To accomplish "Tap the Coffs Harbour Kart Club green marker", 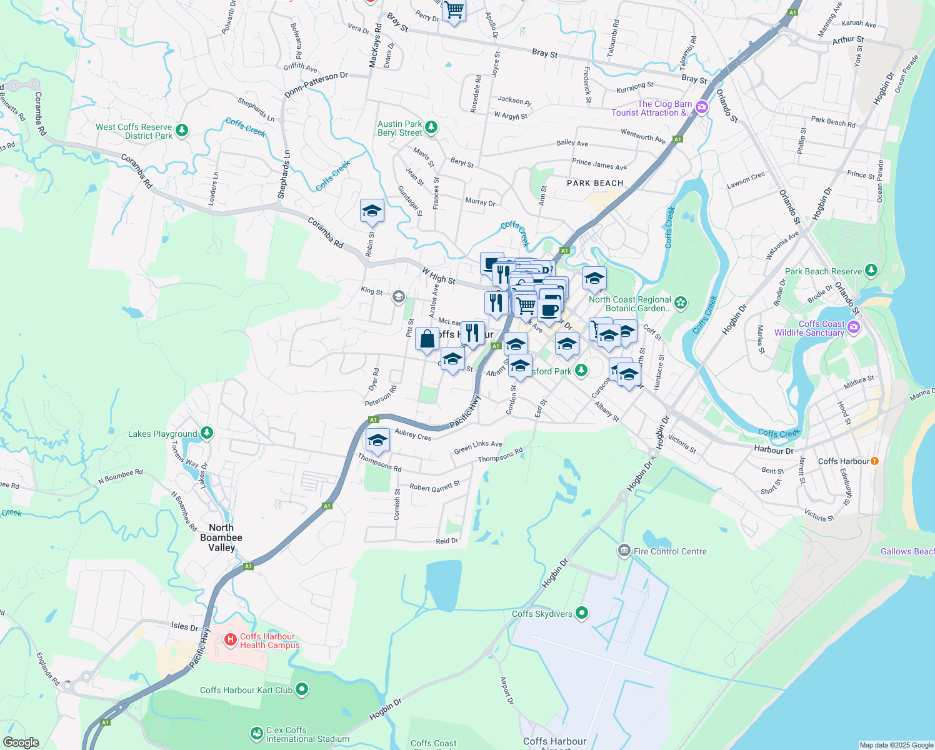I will click(302, 689).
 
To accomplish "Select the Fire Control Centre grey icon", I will click(624, 551).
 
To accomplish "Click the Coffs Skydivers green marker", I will click(582, 613).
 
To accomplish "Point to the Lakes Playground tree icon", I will click(207, 432).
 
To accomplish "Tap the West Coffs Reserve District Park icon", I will click(182, 130).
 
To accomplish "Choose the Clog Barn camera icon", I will click(702, 107).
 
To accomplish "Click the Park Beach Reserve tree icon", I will click(871, 271).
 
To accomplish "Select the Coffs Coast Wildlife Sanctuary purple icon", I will click(854, 327).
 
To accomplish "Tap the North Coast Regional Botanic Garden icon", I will click(681, 303).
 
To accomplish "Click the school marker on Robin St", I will click(372, 211).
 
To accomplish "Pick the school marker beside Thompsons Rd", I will click(377, 441).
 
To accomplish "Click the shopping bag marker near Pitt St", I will click(427, 339).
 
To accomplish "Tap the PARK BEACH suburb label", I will click(595, 183).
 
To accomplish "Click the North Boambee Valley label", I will click(221, 537).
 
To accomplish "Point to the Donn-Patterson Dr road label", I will click(316, 84).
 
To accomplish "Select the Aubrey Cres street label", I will click(413, 434).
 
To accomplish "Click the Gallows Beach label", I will click(907, 551).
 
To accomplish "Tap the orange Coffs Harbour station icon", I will click(874, 461).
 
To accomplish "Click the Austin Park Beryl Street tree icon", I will click(431, 127).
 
